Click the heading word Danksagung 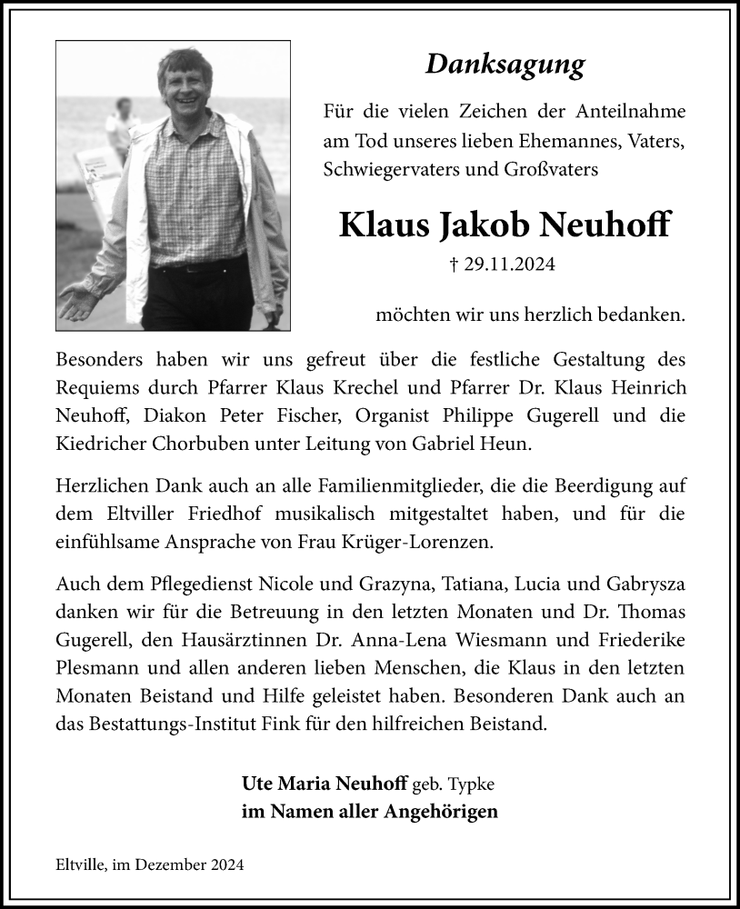click(x=505, y=65)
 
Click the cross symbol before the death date click(x=455, y=265)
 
